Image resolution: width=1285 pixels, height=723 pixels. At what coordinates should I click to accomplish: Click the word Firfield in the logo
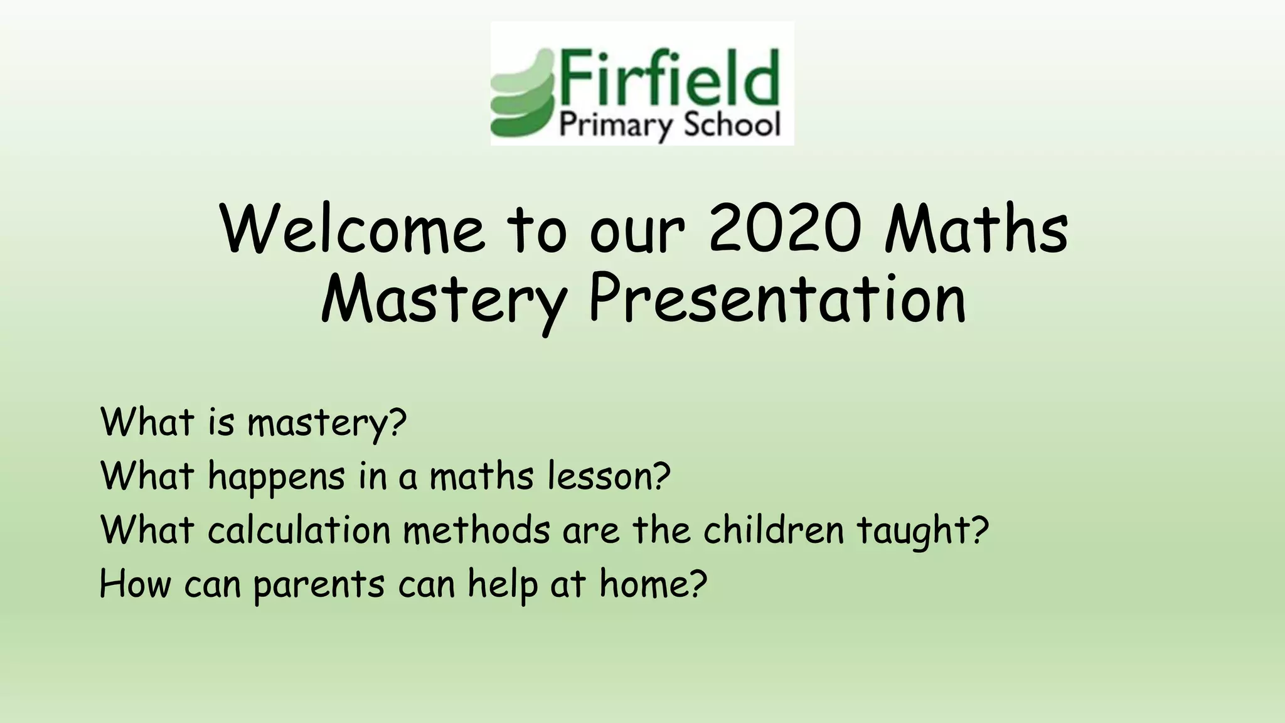point(669,78)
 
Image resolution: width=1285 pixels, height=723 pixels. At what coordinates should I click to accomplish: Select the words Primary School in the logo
point(669,126)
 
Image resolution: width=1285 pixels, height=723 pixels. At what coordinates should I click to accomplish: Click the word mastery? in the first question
point(327,423)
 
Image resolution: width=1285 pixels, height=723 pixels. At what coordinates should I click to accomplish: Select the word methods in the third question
point(477,530)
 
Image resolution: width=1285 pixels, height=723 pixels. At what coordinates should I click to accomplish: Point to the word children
point(774,530)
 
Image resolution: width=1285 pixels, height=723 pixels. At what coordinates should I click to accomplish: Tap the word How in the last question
point(135,584)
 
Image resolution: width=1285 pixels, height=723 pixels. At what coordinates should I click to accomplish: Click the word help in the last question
point(503,586)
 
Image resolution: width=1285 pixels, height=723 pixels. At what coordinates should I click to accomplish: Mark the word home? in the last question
point(653,584)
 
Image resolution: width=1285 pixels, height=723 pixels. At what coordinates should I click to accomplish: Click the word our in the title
point(636,231)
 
